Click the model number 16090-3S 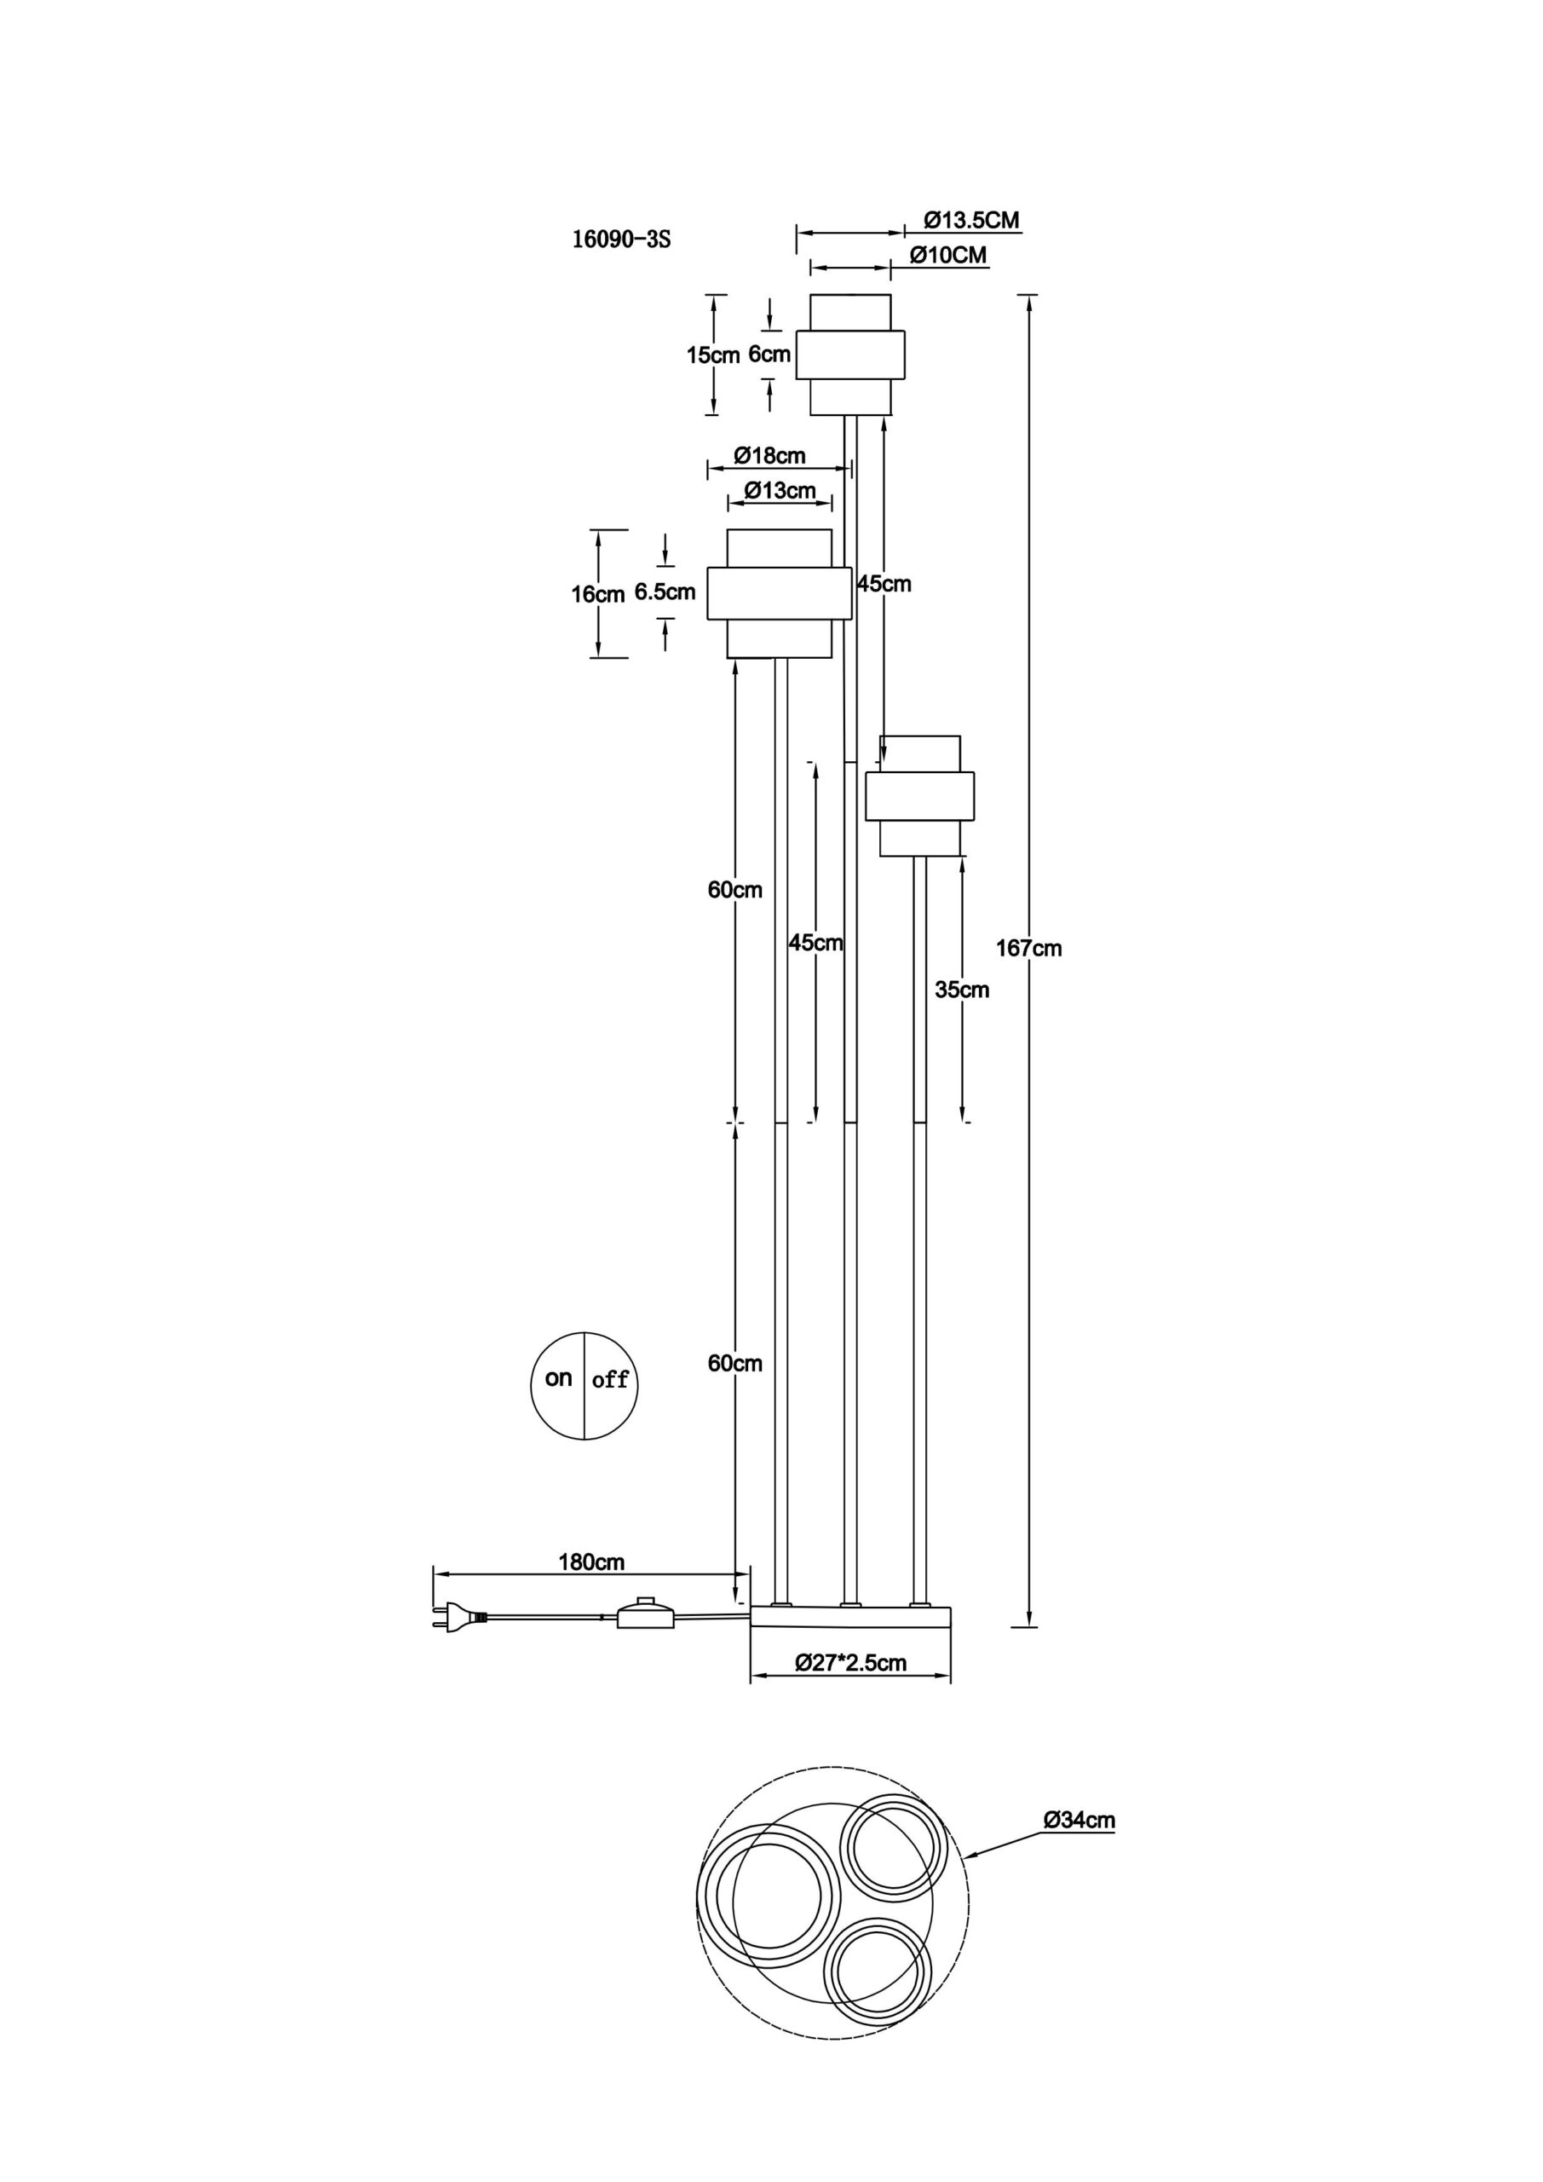tap(620, 240)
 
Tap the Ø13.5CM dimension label tap(971, 221)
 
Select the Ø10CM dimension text tap(947, 255)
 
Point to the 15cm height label tap(712, 355)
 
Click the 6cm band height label tap(769, 355)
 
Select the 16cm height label tap(596, 595)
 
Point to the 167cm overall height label tap(1029, 948)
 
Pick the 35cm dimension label tap(962, 990)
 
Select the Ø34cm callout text tap(1079, 1820)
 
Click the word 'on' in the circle tap(559, 1378)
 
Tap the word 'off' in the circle tap(610, 1380)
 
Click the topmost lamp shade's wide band tap(850, 355)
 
